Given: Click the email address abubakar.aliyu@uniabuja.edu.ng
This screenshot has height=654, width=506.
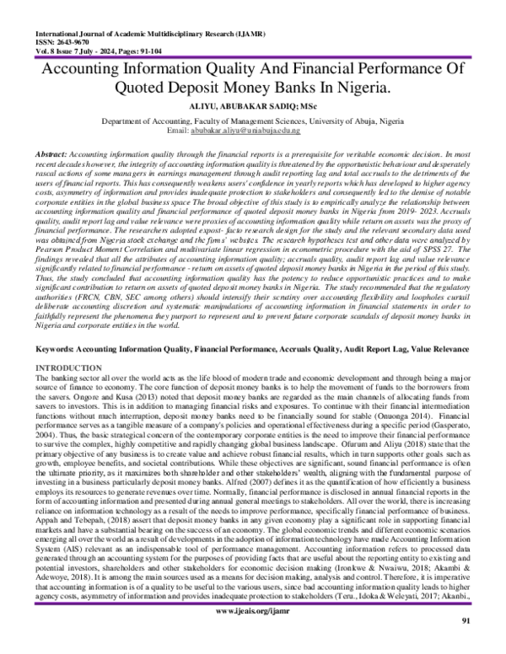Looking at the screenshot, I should (256, 131).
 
